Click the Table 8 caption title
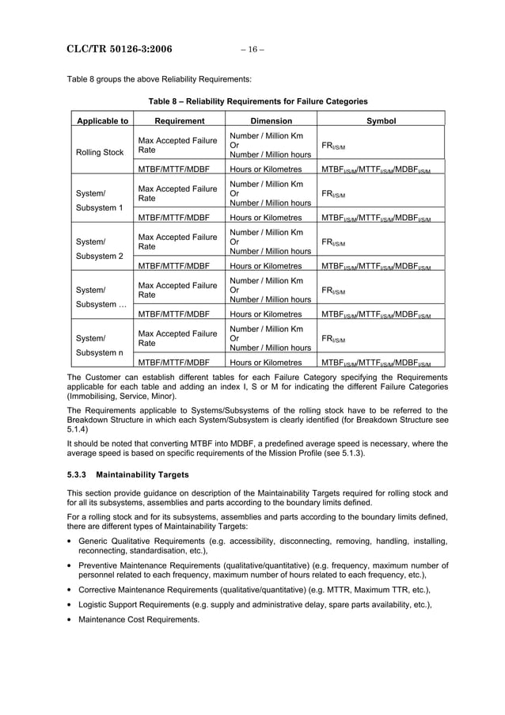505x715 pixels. (257, 101)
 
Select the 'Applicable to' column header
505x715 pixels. (101, 121)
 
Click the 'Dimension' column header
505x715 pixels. (271, 121)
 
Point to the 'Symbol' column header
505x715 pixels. (381, 121)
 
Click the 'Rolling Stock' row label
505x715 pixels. (99, 152)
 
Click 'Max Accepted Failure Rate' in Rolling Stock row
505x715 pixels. (177, 145)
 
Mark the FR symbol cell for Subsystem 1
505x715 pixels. (333, 194)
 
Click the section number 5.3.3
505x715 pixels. (76, 475)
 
